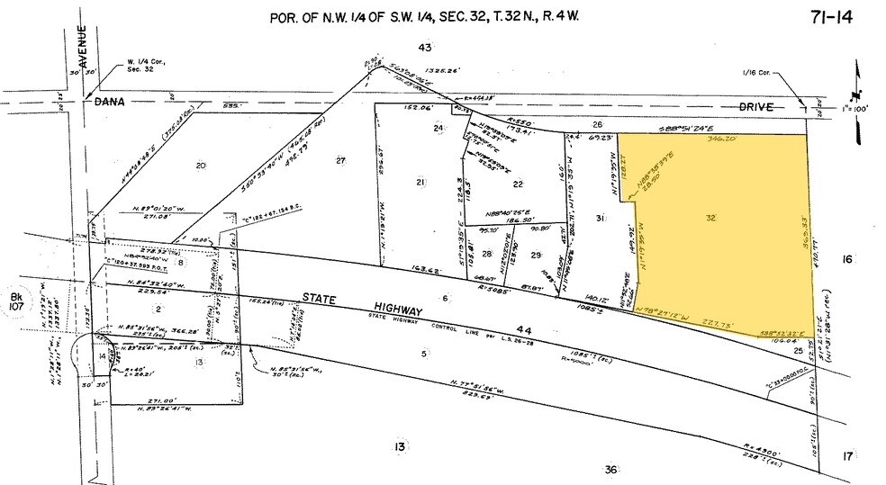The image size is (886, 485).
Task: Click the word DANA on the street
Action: (111, 103)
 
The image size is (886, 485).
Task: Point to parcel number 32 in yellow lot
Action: (710, 218)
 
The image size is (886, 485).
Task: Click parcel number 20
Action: (201, 165)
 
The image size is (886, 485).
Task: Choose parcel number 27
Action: (340, 161)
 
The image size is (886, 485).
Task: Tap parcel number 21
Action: (420, 184)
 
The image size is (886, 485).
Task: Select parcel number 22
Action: (518, 184)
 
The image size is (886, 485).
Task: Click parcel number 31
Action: (600, 220)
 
